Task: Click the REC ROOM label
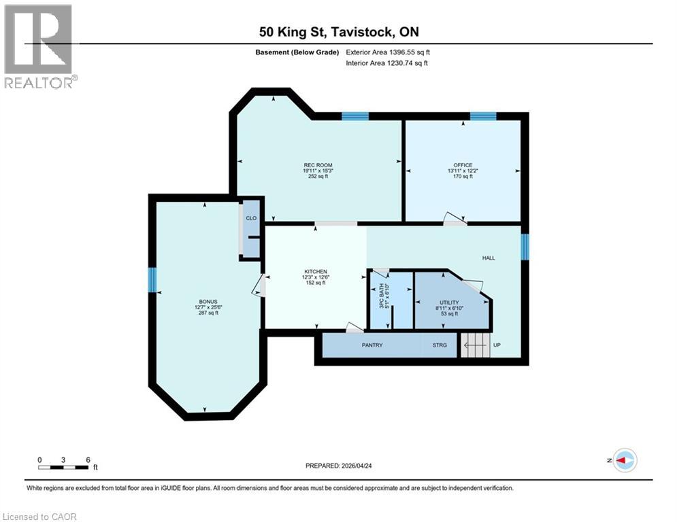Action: tap(318, 165)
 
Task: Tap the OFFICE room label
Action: tap(463, 165)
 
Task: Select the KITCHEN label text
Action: tap(316, 271)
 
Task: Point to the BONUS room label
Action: tap(208, 302)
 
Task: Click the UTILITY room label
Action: tap(450, 302)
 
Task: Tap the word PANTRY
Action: tap(372, 345)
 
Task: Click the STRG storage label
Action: tap(440, 345)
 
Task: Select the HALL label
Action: tap(489, 258)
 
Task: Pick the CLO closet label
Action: tap(251, 218)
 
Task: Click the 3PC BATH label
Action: tap(381, 296)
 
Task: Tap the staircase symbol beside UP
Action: tap(476, 345)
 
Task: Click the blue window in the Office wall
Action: tap(483, 116)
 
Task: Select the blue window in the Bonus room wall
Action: tap(152, 279)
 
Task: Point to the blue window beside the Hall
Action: tap(525, 247)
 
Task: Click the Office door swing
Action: tap(455, 218)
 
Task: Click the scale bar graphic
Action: tap(63, 467)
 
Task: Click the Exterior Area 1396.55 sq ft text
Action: tap(388, 52)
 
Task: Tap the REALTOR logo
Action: tap(39, 47)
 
